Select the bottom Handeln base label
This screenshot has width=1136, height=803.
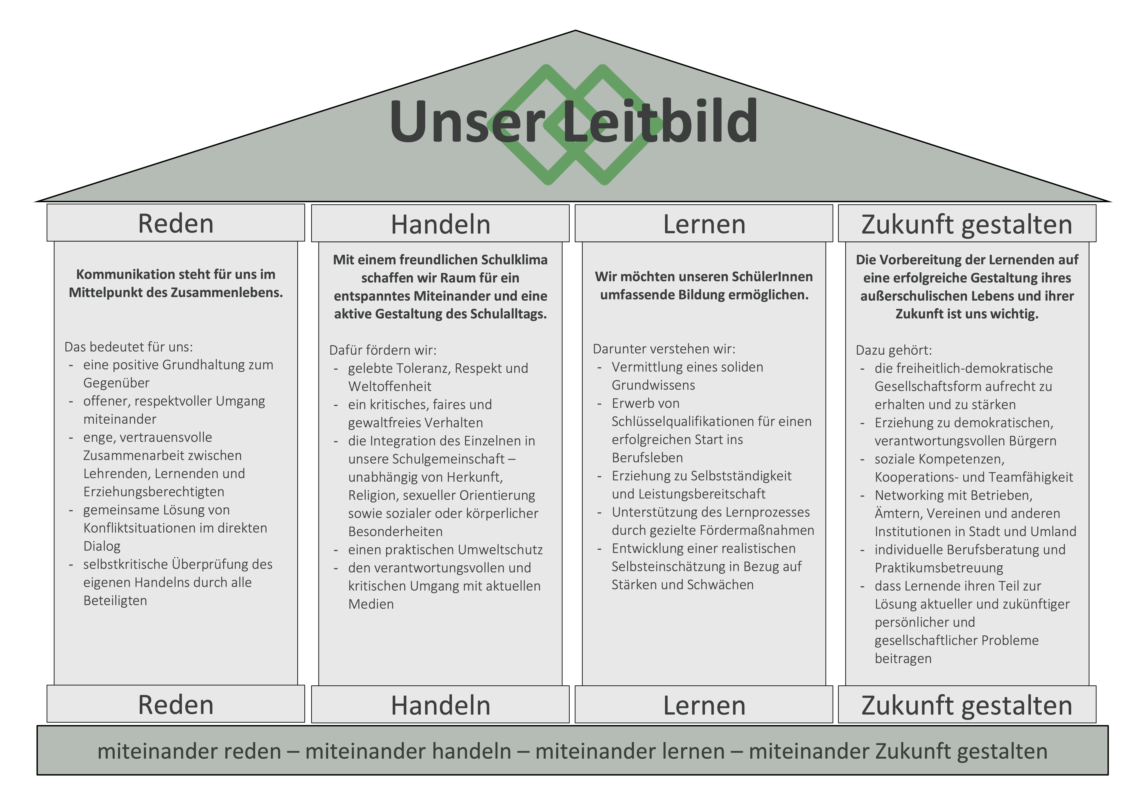[x=440, y=705]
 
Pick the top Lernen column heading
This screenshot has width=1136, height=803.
[x=704, y=224]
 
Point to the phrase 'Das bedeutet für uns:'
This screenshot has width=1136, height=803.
[x=129, y=347]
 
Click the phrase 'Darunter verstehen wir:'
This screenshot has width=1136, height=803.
[x=664, y=349]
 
